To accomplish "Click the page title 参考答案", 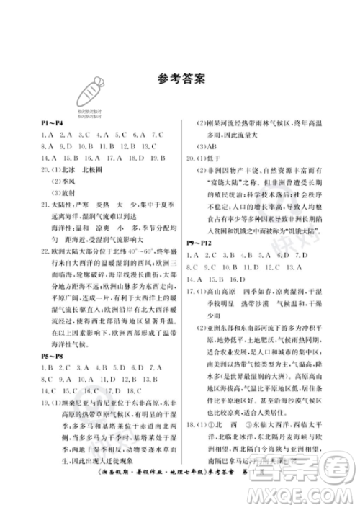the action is tap(180, 76).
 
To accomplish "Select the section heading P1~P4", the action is tap(52, 123).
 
